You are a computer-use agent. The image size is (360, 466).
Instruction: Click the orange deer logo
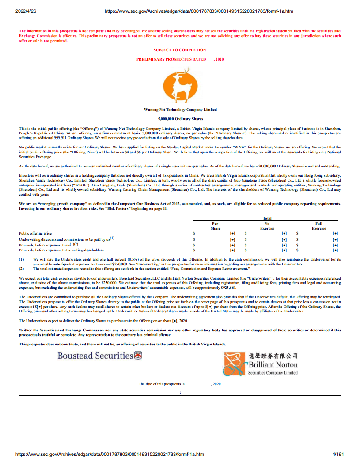pyautogui.click(x=180, y=86)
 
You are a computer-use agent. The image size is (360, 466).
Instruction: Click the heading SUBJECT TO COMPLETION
pyautogui.click(x=180, y=50)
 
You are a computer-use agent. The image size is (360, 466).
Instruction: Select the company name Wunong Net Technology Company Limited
pyautogui.click(x=180, y=110)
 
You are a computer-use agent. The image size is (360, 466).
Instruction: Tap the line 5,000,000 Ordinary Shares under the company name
pyautogui.click(x=180, y=119)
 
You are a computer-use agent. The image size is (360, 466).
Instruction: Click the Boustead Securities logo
pyautogui.click(x=99, y=356)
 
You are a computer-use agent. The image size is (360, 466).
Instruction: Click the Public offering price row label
pyautogui.click(x=35, y=233)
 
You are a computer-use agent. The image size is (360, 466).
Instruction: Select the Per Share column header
pyautogui.click(x=215, y=226)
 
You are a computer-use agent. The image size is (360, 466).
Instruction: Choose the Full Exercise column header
pyautogui.click(x=318, y=226)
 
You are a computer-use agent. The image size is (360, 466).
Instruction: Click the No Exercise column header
pyautogui.click(x=267, y=226)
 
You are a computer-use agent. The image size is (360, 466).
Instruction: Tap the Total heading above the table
pyautogui.click(x=267, y=218)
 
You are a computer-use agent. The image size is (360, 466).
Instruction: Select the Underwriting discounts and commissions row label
pyautogui.click(x=65, y=239)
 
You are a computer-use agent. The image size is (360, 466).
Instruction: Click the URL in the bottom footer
pyautogui.click(x=110, y=454)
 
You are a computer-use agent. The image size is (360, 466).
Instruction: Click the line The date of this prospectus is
pyautogui.click(x=180, y=384)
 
